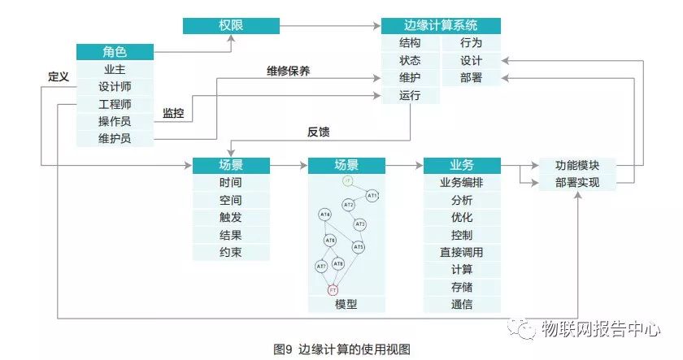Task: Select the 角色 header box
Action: pyautogui.click(x=115, y=52)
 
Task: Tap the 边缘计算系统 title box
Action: pyautogui.click(x=441, y=26)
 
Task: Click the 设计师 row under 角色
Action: pyautogui.click(x=115, y=87)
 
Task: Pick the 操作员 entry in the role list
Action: pyautogui.click(x=115, y=121)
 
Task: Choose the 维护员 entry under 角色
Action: pyautogui.click(x=115, y=138)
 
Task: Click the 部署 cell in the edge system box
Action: pyautogui.click(x=471, y=79)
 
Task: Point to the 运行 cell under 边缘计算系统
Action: pyautogui.click(x=410, y=96)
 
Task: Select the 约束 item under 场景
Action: pyautogui.click(x=231, y=252)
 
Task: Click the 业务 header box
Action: pyautogui.click(x=461, y=165)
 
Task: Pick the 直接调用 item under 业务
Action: pyautogui.click(x=461, y=252)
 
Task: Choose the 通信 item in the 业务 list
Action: pyautogui.click(x=461, y=305)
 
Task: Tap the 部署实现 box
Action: pyautogui.click(x=577, y=182)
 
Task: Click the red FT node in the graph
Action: pyautogui.click(x=333, y=289)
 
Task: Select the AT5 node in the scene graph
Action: pyautogui.click(x=359, y=247)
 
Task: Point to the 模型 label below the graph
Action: pyautogui.click(x=346, y=305)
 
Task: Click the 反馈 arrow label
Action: pyautogui.click(x=318, y=132)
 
